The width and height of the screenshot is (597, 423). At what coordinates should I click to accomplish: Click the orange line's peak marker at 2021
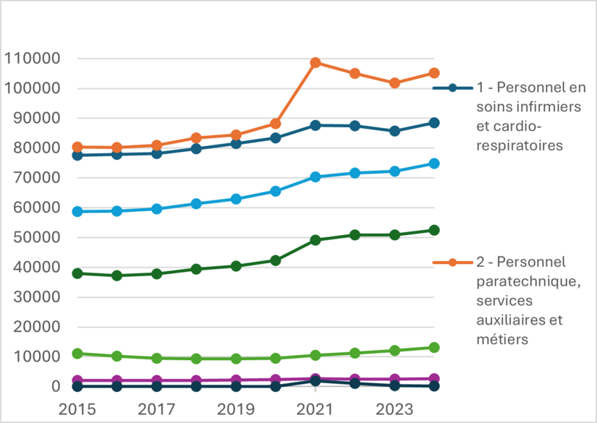(x=316, y=63)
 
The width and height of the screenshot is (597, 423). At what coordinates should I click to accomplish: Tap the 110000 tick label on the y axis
(x=31, y=59)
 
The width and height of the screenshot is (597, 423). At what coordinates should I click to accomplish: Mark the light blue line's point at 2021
(x=316, y=176)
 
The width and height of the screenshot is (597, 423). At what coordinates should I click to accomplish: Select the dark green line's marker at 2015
(x=77, y=273)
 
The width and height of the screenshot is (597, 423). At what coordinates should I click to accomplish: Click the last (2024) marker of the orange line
(x=434, y=73)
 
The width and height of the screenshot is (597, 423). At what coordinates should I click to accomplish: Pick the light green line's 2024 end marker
(x=434, y=348)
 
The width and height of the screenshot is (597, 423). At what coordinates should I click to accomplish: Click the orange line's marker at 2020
(x=276, y=124)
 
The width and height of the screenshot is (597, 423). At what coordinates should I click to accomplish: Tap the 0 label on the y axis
(x=55, y=386)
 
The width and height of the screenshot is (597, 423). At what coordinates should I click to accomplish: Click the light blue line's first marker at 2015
(x=77, y=211)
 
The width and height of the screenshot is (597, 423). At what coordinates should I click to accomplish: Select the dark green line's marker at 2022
(x=355, y=235)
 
